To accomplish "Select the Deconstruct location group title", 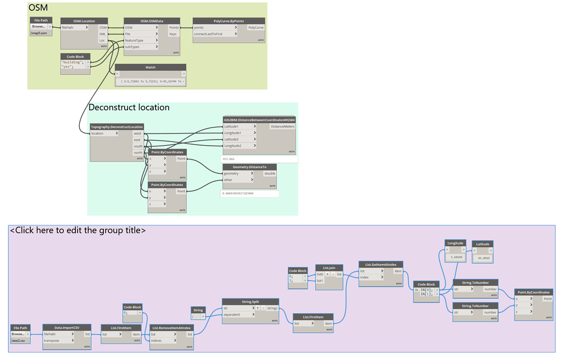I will [x=129, y=107].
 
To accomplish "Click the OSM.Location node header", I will [x=84, y=21].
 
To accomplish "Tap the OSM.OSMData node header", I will [x=152, y=21].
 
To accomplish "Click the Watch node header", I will [x=150, y=68].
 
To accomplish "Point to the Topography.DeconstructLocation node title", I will [x=117, y=127].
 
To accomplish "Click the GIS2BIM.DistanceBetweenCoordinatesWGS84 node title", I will [x=259, y=120].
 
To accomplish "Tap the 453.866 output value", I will [x=229, y=159].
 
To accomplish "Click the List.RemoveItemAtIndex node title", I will [x=171, y=328].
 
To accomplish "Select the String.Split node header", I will [x=250, y=301].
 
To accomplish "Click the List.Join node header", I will [x=329, y=268].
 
